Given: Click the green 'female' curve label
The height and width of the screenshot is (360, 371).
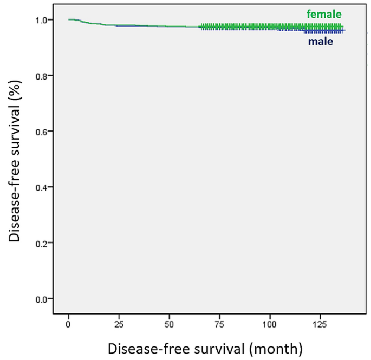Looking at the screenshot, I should (x=324, y=15).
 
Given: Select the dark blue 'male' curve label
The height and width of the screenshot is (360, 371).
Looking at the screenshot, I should (x=321, y=41).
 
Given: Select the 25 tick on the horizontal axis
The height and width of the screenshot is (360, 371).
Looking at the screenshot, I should (x=119, y=324).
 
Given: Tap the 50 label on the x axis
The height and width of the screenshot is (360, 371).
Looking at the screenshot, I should (x=170, y=324).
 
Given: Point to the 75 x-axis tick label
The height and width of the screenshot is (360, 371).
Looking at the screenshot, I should (x=220, y=324).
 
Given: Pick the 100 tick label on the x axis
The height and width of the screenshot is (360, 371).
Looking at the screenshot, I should (x=270, y=324).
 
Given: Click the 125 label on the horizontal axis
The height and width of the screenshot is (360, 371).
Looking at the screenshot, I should (x=321, y=324).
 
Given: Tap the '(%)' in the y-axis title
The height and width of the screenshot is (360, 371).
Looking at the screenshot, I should (x=15, y=89).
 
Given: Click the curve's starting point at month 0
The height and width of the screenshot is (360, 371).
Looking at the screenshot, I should (x=69, y=19).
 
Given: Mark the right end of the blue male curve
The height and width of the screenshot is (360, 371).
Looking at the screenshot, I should (x=344, y=31).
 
